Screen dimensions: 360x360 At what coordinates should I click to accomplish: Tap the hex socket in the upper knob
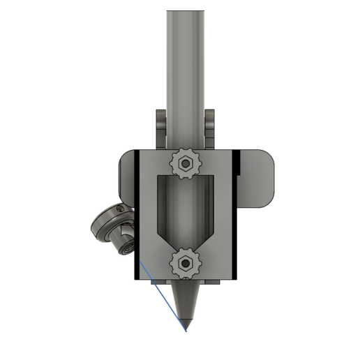[185, 165]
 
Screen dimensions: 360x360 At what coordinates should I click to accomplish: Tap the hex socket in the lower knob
[186, 264]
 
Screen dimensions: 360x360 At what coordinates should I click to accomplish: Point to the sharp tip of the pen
[186, 328]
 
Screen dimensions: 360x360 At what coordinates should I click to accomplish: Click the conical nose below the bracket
[185, 304]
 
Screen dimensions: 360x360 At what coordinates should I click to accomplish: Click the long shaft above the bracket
[185, 70]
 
